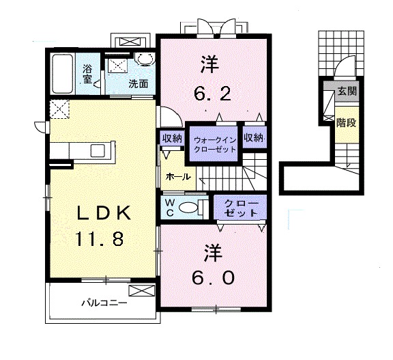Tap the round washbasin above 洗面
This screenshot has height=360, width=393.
[x=143, y=59]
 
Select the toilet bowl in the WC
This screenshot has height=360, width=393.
[x=188, y=207]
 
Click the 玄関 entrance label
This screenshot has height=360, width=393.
[x=347, y=91]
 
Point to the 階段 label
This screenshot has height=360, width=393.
[x=346, y=123]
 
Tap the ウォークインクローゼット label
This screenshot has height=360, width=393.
[x=216, y=145]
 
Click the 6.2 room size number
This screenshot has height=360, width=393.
[x=212, y=95]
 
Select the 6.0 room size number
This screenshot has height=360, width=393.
[x=214, y=278]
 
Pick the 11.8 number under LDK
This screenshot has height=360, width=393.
[x=99, y=238]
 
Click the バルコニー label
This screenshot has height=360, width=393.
[x=104, y=303]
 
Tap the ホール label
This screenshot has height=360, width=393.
[x=178, y=177]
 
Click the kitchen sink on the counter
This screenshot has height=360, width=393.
[x=99, y=150]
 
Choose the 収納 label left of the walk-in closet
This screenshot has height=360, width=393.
[x=172, y=138]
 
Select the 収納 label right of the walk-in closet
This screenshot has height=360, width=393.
[x=253, y=137]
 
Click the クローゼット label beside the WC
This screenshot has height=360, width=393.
[x=241, y=208]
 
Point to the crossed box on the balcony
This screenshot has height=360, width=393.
[x=142, y=290]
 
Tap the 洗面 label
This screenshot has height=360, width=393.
[x=138, y=84]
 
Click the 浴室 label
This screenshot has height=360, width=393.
[x=87, y=74]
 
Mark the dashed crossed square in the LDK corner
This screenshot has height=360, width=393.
[x=59, y=109]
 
